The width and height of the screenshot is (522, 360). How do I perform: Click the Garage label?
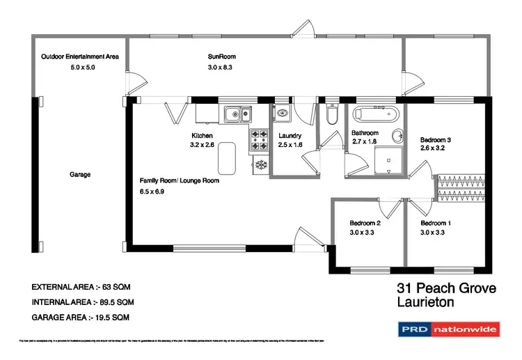point(80,175)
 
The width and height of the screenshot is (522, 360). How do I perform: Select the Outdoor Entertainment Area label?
point(79,56)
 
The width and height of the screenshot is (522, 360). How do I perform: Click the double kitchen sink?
point(237,114)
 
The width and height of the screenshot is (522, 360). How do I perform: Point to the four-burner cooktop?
point(259,139)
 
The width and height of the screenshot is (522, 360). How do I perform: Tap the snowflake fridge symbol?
point(262,164)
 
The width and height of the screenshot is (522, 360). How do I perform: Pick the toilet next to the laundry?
point(332,115)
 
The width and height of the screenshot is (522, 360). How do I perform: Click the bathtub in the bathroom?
point(374,114)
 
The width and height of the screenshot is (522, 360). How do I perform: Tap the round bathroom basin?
point(398,136)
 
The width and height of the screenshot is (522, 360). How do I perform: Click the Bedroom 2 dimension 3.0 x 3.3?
point(362,233)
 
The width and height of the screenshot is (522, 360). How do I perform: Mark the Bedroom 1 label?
point(436,224)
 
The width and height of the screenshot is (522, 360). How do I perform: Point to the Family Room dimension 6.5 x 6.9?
point(152,190)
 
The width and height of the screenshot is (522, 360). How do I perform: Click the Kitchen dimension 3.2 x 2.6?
point(203,145)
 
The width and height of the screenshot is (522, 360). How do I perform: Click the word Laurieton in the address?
point(425,302)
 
